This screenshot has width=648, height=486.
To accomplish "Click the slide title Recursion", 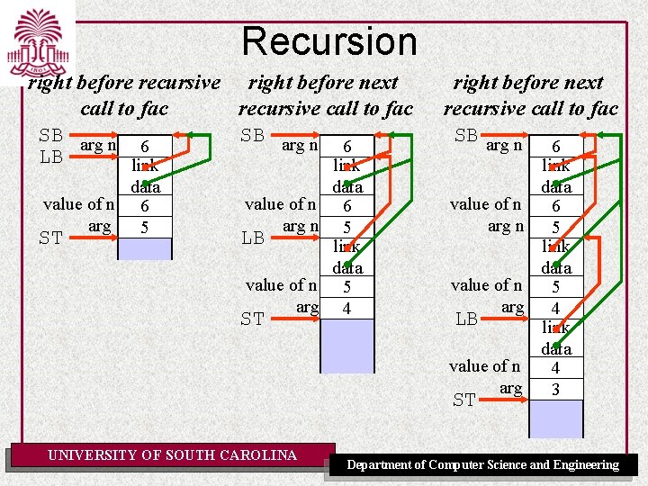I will point(329,41).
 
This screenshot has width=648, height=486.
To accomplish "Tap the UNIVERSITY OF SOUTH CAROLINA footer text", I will point(173,455).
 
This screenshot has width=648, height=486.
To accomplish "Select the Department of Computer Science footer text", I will point(483,464).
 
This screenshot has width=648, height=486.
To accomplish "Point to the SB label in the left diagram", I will point(50,136).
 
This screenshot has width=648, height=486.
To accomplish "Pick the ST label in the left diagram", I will point(50,238).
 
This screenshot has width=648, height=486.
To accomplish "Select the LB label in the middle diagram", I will point(253,238).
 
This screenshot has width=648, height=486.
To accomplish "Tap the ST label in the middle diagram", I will point(253,319).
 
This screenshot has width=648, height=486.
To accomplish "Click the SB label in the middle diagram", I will point(253,136).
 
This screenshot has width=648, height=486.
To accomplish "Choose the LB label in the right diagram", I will point(466,319).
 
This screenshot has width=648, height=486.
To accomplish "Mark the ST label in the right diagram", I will point(464,400).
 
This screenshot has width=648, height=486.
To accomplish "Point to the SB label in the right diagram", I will point(466,136).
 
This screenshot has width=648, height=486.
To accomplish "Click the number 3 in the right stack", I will point(556,389).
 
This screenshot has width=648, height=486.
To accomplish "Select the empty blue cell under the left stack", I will point(144,248).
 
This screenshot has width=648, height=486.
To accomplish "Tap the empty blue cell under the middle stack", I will point(346,346).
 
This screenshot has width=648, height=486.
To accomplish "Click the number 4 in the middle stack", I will point(346,308).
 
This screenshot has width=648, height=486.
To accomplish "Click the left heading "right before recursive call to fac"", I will point(123,95).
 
